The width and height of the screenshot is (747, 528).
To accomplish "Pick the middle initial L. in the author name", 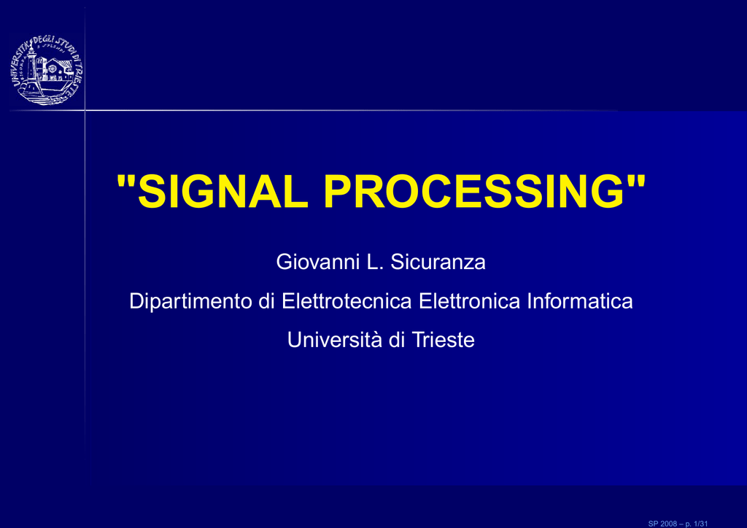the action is pos(374,262).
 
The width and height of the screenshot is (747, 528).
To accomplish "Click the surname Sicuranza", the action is pos(438,262).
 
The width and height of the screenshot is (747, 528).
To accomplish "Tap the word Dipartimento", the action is pos(190,301).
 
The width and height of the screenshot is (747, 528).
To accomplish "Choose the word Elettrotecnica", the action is pos(347,301).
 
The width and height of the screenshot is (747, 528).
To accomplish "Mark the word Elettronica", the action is pos(469,301).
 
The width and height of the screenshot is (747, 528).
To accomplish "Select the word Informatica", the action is pos(580,301).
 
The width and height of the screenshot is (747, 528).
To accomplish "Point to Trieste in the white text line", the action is pos(443,340).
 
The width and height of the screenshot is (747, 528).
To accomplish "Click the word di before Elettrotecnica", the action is pos(267,301).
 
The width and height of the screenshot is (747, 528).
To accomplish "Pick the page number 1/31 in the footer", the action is pos(701,524).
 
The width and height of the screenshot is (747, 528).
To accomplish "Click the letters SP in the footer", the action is pos(653,524).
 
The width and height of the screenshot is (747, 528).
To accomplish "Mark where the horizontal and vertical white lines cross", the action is pos(85,110).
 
